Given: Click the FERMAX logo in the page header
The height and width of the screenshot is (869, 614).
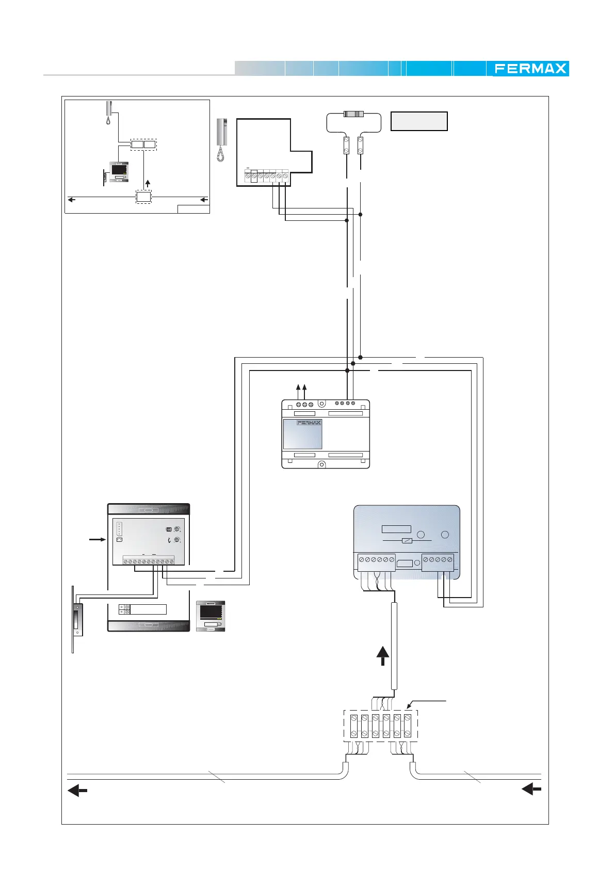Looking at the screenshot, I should [530, 69].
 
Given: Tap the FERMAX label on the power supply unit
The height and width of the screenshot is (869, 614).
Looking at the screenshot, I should [309, 423].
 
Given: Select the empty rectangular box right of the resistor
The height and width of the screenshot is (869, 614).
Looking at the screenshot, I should [419, 121].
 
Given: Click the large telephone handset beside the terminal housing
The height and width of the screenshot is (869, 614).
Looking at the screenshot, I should [221, 139].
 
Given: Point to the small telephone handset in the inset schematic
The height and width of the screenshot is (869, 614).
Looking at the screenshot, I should [108, 112].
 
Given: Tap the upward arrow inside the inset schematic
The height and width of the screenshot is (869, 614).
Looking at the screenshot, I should [148, 183].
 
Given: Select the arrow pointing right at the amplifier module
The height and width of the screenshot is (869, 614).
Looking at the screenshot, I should [96, 540].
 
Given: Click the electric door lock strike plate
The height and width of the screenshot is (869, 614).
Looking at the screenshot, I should [77, 619].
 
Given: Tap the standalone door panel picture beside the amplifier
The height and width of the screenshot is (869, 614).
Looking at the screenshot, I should [211, 616].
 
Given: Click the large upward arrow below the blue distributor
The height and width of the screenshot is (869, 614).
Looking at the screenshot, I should [382, 656].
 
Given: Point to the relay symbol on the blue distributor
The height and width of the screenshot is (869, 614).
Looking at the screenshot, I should [408, 540].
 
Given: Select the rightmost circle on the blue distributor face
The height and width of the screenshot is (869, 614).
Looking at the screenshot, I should [445, 535].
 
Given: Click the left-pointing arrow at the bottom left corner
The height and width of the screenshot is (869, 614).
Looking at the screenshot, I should [77, 791].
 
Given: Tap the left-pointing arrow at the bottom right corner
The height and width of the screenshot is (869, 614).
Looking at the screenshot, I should [531, 789].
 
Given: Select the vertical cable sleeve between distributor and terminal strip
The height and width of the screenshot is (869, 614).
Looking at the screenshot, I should [394, 646].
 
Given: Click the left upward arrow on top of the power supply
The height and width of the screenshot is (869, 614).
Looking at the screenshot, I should [299, 388].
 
